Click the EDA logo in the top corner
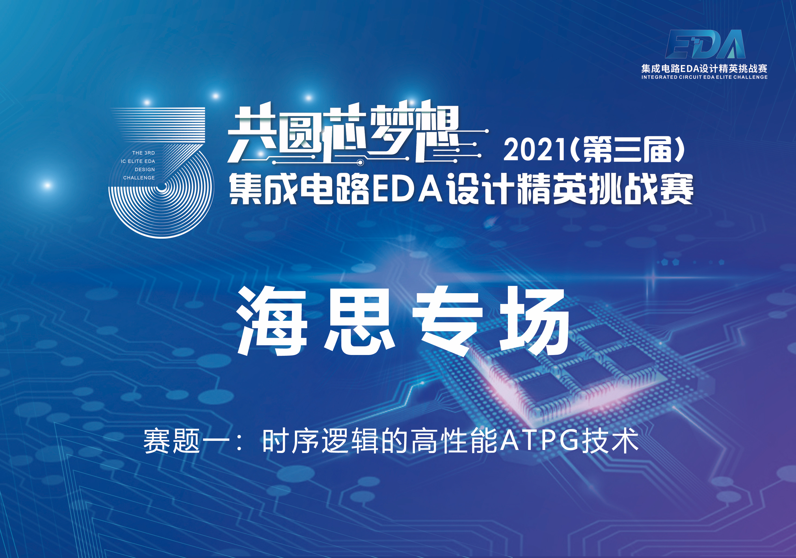pyautogui.click(x=705, y=44)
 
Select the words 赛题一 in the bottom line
pyautogui.click(x=186, y=441)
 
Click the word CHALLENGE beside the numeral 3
pyautogui.click(x=139, y=178)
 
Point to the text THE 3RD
pyautogui.click(x=144, y=153)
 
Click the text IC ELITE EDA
pyautogui.click(x=138, y=161)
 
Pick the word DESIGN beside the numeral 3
pyautogui.click(x=145, y=169)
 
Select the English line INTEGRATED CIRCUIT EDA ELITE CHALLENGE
pyautogui.click(x=704, y=77)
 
